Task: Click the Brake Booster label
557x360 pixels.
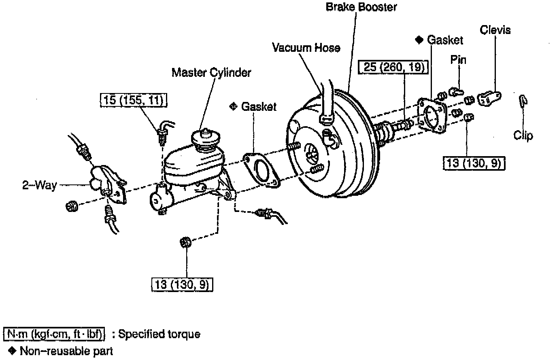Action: click(x=361, y=7)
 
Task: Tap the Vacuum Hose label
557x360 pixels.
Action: click(x=306, y=47)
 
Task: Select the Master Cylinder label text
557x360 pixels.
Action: click(x=211, y=73)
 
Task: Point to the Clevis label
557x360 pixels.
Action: click(x=495, y=30)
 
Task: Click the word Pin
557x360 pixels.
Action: click(x=458, y=60)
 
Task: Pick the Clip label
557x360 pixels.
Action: click(x=523, y=136)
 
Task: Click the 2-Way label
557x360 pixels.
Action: click(x=40, y=185)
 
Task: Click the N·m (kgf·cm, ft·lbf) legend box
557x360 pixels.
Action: click(x=54, y=334)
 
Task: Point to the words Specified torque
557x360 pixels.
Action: click(x=159, y=334)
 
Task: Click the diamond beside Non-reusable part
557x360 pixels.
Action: click(x=12, y=351)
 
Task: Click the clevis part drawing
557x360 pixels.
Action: click(x=489, y=98)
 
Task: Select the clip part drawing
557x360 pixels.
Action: click(x=523, y=100)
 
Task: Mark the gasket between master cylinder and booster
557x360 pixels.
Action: click(x=261, y=170)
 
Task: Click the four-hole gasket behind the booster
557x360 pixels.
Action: click(x=432, y=115)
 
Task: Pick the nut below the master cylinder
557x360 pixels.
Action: click(x=185, y=242)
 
